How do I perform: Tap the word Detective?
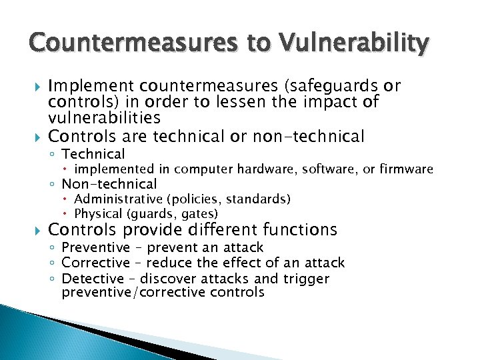pyautogui.click(x=93, y=279)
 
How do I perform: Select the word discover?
pyautogui.click(x=166, y=279)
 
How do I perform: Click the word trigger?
pyautogui.click(x=305, y=279)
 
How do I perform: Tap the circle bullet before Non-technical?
pyautogui.click(x=53, y=185)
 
